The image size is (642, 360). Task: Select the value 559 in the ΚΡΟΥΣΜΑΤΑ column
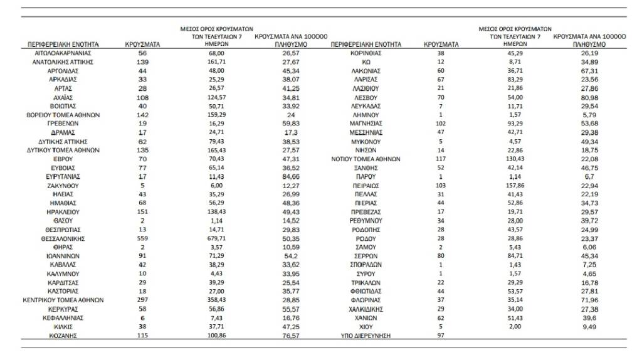pos(142,239)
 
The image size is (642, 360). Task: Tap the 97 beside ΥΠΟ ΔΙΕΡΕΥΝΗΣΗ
pos(439,336)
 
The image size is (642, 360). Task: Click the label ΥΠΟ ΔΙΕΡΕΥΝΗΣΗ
pos(364,336)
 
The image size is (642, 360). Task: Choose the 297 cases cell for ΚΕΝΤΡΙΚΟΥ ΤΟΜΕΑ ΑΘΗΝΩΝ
pos(142,300)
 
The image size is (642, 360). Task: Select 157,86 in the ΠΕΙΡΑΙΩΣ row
pos(514,186)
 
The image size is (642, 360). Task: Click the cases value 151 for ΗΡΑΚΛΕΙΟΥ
pos(142,213)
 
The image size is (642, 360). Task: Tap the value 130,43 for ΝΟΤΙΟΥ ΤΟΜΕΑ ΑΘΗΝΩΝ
pos(514,159)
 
